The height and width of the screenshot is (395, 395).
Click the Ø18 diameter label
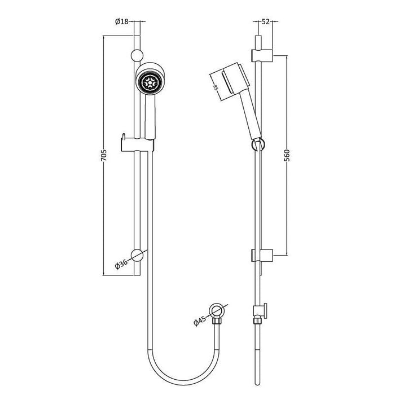(x=123, y=22)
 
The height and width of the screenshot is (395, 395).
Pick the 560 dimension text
(x=287, y=156)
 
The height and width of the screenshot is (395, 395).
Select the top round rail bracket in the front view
(x=135, y=55)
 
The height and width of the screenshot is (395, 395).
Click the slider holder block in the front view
(x=135, y=145)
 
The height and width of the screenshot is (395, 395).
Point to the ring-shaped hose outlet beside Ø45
(x=214, y=310)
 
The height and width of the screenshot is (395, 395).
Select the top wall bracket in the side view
(x=262, y=55)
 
